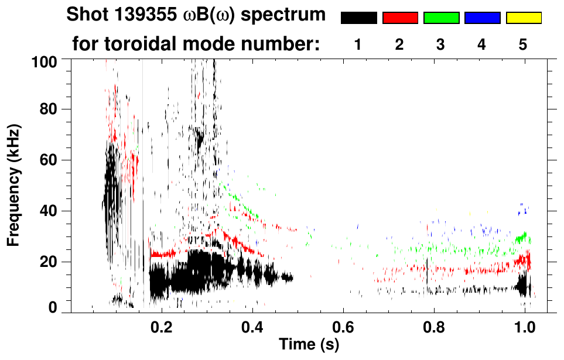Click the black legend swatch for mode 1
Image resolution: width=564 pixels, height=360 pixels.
[358, 18]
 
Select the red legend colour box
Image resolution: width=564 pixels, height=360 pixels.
[400, 18]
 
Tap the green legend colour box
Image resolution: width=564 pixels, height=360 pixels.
[441, 18]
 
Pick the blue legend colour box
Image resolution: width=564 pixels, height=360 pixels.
[482, 18]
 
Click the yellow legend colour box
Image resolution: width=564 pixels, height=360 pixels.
[524, 18]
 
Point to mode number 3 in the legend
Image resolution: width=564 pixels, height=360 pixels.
[440, 45]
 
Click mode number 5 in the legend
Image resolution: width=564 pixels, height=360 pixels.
[523, 45]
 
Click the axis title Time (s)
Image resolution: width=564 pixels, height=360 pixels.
[309, 344]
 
